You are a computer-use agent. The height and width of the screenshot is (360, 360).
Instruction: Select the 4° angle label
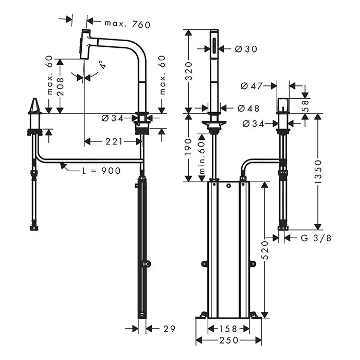click(103, 65)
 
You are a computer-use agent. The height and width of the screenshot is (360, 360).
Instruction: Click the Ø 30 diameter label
click(245, 49)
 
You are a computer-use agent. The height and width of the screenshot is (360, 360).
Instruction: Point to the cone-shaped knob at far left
click(34, 107)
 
